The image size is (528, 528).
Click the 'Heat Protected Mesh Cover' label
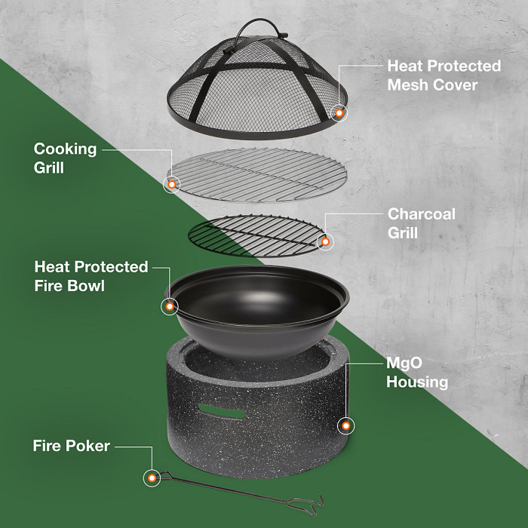444,75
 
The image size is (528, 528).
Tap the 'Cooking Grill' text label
66,158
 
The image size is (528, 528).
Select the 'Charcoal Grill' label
421,223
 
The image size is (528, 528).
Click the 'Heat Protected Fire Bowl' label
91,276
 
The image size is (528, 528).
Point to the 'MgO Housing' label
416,372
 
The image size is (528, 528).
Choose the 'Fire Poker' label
72,446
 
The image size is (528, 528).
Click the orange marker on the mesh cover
339,113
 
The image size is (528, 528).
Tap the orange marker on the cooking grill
172,184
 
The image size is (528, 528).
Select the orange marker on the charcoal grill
325,242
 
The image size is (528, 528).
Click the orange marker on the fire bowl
170,306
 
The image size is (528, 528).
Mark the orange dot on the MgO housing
346,426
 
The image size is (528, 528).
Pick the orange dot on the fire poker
152,478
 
